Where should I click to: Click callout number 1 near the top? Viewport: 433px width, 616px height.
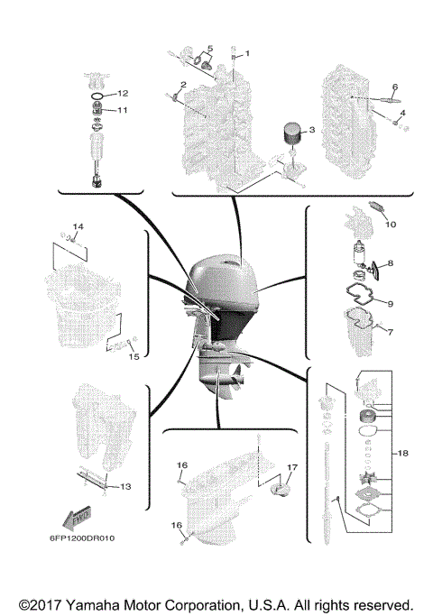coord(248,53)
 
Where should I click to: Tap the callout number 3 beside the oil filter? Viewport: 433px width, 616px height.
coord(311,130)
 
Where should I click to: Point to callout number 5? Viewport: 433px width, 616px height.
coord(209,48)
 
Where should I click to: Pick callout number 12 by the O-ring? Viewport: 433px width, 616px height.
coord(124,93)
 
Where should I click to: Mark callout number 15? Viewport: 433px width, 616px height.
coord(133,355)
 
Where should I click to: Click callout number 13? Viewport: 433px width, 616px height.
coord(125,486)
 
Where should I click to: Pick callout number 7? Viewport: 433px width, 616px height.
coord(391,332)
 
